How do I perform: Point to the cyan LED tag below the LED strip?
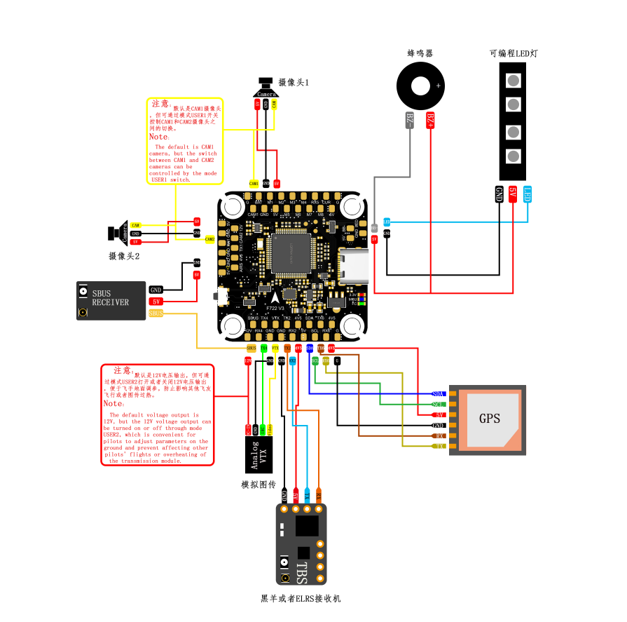pos(528,194)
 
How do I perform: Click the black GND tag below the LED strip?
pos(499,194)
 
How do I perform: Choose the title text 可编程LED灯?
pos(514,53)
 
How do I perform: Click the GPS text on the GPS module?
pos(490,419)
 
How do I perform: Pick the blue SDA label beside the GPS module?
pos(439,394)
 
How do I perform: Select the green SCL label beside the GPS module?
pos(439,405)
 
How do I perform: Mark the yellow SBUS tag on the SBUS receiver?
pos(156,313)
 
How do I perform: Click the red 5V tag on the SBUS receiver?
pos(156,302)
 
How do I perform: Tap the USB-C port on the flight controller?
pos(354,266)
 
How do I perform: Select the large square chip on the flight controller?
pos(293,252)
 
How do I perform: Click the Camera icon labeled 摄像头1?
pos(266,88)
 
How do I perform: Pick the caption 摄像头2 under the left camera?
pos(124,256)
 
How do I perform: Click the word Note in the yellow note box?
pos(158,137)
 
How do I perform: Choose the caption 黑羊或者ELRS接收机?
pos(301,598)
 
